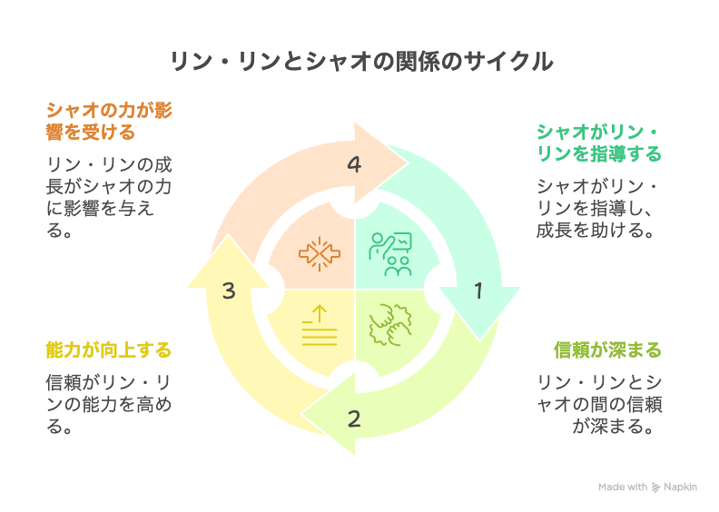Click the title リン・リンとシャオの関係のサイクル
pos(359,62)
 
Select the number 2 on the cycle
pos(354,419)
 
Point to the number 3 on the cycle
pos(229,290)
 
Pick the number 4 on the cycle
pos(354,165)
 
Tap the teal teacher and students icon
pos(391,252)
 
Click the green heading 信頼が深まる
pos(607,350)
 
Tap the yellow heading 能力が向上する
pos(108,350)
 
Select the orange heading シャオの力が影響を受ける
pos(109,121)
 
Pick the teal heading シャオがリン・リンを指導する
pos(598,143)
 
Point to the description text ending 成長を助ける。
pos(597,208)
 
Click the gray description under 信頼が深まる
pos(597,403)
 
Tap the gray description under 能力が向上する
pos(108,403)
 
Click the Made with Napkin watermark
pos(647,487)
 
